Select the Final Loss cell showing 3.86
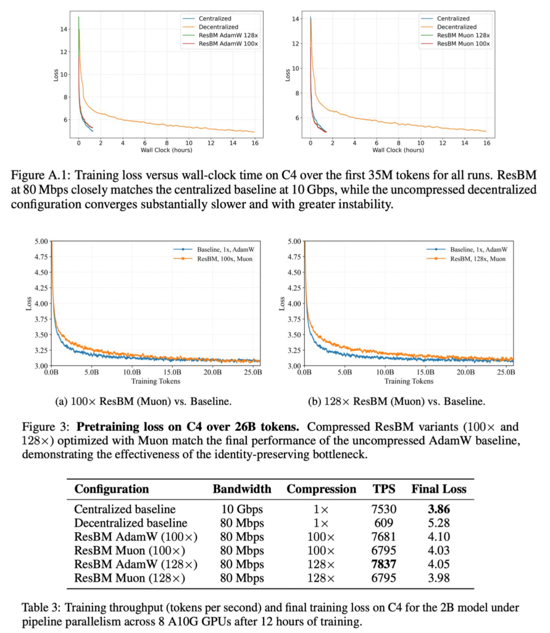(439, 509)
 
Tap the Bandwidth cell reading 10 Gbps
(242, 509)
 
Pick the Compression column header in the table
(321, 489)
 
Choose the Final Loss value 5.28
(439, 523)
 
